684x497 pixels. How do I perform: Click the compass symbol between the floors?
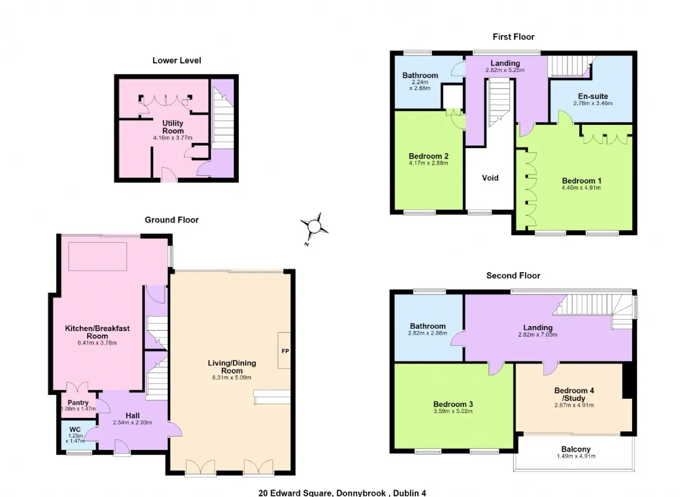pos(314,227)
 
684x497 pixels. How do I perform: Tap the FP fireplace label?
pos(285,351)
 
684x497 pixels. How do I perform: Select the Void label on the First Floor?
pos(490,178)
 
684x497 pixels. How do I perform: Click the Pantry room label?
pos(78,403)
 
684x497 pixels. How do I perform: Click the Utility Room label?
pos(173,127)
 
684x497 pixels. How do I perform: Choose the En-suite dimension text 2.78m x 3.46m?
pos(593,103)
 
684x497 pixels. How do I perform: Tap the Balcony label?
pos(576,449)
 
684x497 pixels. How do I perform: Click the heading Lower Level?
pos(177,60)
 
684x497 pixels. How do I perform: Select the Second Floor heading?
pos(514,275)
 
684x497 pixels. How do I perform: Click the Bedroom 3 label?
pos(453,404)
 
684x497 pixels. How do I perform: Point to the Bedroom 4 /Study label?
pos(574,394)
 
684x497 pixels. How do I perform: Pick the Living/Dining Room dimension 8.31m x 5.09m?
pos(232,377)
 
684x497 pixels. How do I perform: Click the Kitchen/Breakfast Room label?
pos(97,332)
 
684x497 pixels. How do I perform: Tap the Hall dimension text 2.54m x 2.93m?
pos(133,423)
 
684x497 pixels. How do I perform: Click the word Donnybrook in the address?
pos(361,493)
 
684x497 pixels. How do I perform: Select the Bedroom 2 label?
pos(429,156)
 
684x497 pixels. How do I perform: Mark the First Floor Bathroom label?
pos(420,75)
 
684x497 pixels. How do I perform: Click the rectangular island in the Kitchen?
pos(98,257)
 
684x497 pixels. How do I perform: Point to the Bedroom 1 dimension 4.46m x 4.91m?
pos(581,187)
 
